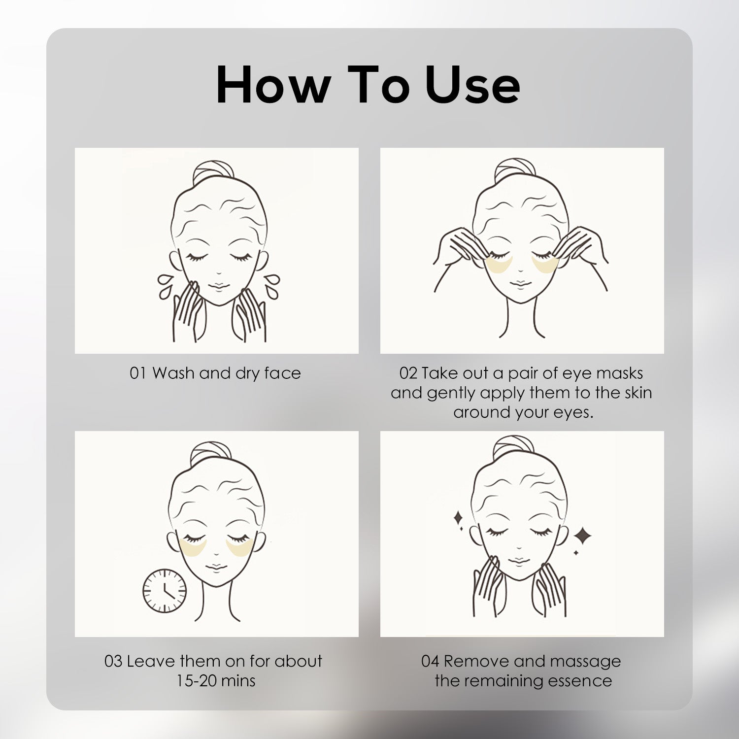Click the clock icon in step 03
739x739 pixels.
click(165, 591)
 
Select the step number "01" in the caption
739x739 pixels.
click(138, 373)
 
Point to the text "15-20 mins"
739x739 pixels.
click(216, 681)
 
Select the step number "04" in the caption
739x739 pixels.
click(430, 661)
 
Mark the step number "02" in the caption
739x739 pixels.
click(408, 373)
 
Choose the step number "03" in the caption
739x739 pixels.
click(113, 661)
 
